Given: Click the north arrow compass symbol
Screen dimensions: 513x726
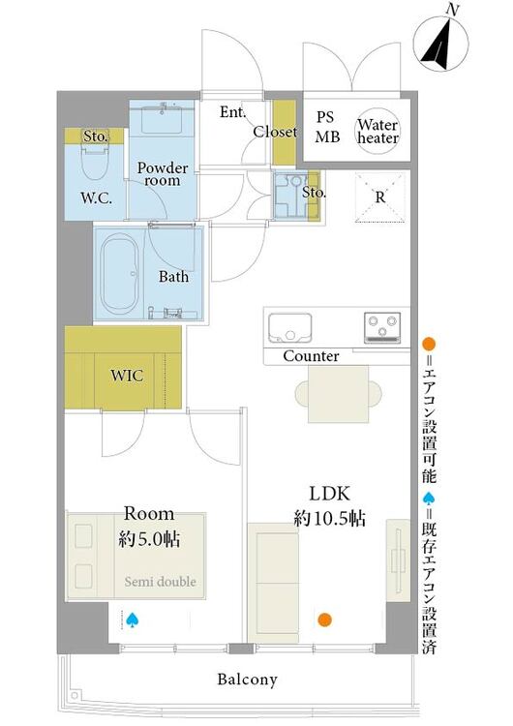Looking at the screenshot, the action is tap(440, 45).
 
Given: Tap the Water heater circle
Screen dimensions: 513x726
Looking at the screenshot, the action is tap(377, 131).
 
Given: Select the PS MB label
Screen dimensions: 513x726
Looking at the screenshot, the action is tap(327, 127).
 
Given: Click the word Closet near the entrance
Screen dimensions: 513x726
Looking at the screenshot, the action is tap(275, 132).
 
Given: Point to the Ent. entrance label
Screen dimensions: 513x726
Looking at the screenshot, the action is tap(232, 111).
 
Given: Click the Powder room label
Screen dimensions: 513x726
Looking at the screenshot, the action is tap(163, 174).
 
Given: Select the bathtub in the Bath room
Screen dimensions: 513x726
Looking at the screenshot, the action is tap(120, 274).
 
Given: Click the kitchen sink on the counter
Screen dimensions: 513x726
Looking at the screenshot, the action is tap(290, 328).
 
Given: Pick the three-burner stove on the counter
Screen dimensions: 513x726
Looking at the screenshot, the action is tap(382, 328).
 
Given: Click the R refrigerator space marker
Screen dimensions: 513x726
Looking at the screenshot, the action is tap(380, 197).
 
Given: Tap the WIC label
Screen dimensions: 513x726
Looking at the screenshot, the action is tap(127, 375).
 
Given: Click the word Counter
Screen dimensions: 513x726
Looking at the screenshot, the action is tap(311, 356).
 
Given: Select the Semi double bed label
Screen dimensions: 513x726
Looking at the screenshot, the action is tap(161, 582).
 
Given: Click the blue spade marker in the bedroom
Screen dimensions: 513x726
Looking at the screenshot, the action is tap(133, 620).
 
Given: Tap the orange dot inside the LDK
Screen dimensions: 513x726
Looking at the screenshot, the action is tap(325, 620).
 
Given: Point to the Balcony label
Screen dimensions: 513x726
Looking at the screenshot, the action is tap(248, 680).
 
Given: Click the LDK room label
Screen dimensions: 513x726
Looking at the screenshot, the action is tap(330, 494).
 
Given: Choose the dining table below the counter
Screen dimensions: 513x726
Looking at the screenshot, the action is tap(339, 394).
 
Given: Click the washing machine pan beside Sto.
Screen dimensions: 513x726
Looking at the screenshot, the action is tap(290, 195).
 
